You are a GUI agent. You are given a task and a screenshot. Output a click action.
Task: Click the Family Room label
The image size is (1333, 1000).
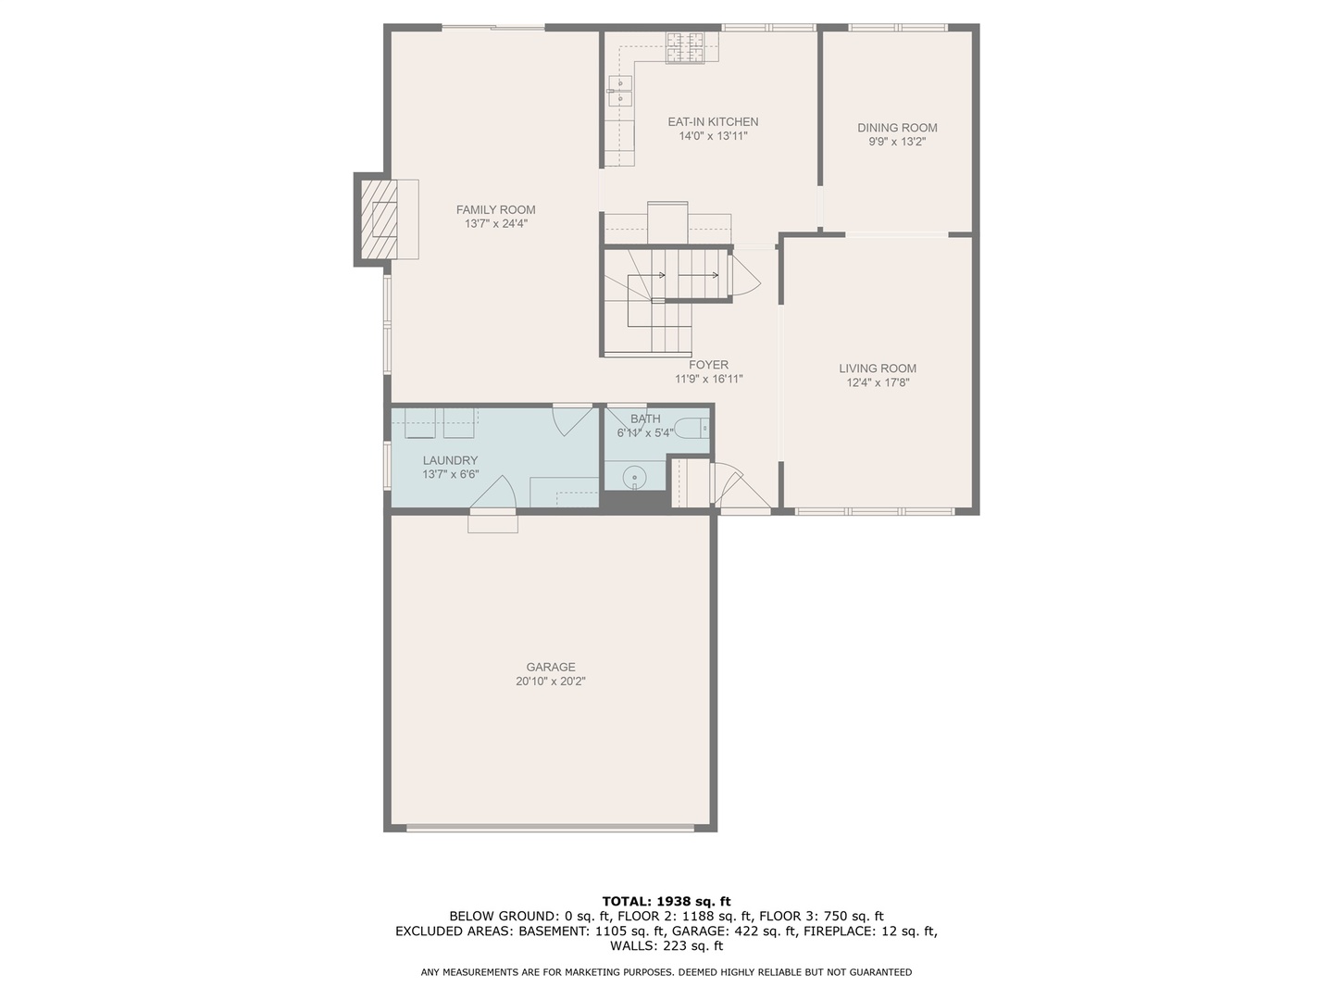(x=495, y=209)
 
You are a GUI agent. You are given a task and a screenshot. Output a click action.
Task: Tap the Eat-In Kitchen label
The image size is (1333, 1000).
(x=713, y=121)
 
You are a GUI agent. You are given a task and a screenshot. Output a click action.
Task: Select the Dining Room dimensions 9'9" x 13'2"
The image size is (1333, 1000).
(x=896, y=143)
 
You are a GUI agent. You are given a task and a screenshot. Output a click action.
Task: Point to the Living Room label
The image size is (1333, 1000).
(x=878, y=368)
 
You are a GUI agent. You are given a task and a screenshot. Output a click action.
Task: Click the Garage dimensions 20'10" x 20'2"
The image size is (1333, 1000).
(x=551, y=681)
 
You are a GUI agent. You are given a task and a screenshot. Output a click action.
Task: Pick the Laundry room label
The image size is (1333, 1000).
(x=450, y=460)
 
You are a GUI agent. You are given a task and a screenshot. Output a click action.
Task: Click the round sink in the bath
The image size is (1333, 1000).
(x=635, y=478)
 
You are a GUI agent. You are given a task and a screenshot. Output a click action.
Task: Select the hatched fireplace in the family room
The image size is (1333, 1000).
(x=379, y=219)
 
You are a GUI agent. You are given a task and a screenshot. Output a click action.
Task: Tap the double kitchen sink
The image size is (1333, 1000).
(x=620, y=91)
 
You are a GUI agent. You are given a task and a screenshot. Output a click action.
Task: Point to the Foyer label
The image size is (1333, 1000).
(x=708, y=365)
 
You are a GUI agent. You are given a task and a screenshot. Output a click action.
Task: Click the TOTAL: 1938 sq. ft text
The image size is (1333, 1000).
(x=666, y=901)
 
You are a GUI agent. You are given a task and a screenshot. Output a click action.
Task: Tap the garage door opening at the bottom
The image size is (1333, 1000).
(x=551, y=828)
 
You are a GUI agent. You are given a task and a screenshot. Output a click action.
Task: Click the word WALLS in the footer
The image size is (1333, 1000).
(x=633, y=945)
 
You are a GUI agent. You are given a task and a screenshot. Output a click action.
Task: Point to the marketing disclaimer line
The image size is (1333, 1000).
(x=666, y=972)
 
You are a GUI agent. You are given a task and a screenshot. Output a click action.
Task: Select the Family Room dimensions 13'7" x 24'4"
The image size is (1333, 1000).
(x=495, y=224)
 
